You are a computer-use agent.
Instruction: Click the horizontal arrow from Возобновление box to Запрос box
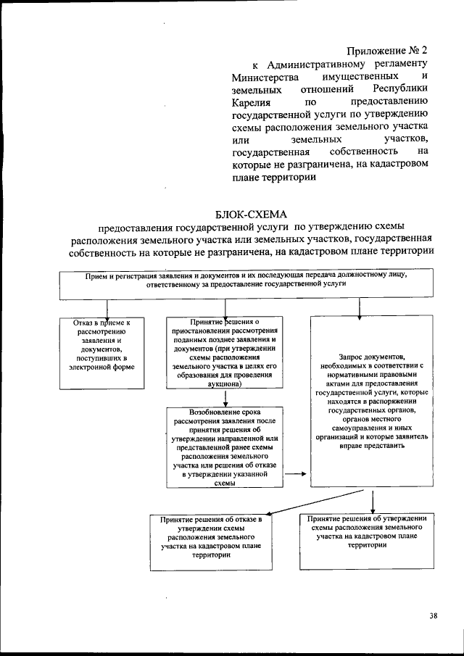294,475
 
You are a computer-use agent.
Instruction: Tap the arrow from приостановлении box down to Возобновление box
227,397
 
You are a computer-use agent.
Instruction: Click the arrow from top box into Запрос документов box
359,308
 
